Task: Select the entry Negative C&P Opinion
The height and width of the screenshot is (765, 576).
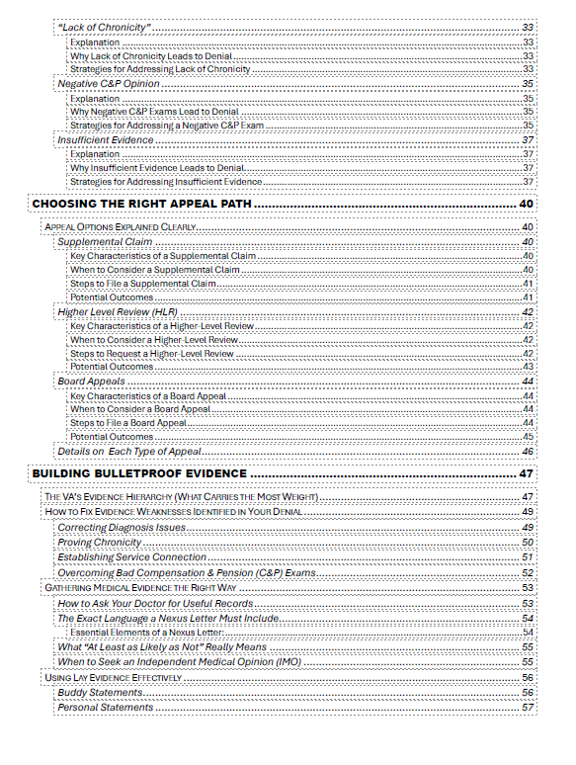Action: (x=109, y=84)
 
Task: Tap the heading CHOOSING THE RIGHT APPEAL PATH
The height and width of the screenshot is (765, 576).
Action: (x=141, y=204)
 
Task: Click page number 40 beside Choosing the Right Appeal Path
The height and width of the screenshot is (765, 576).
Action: (x=527, y=204)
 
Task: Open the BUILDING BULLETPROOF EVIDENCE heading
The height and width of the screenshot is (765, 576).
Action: (x=139, y=473)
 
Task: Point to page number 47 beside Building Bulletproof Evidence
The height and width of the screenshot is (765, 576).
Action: (x=527, y=473)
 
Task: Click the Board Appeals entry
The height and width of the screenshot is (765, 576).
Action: (x=91, y=382)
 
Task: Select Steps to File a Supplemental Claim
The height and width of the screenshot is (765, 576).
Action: (x=142, y=284)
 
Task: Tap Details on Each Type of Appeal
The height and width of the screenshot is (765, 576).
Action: (x=129, y=451)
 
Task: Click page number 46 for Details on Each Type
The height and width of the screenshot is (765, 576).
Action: (x=528, y=451)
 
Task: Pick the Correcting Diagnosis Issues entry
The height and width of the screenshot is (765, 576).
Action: (x=121, y=528)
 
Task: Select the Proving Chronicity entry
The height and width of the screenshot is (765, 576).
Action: (x=99, y=543)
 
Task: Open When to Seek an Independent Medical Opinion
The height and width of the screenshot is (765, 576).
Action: (x=179, y=661)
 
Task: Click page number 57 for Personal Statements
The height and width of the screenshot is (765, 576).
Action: (x=528, y=708)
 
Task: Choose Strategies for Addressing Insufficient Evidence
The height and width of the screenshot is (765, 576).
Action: (x=165, y=182)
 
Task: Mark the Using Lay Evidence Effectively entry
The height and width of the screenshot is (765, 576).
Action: (x=114, y=678)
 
